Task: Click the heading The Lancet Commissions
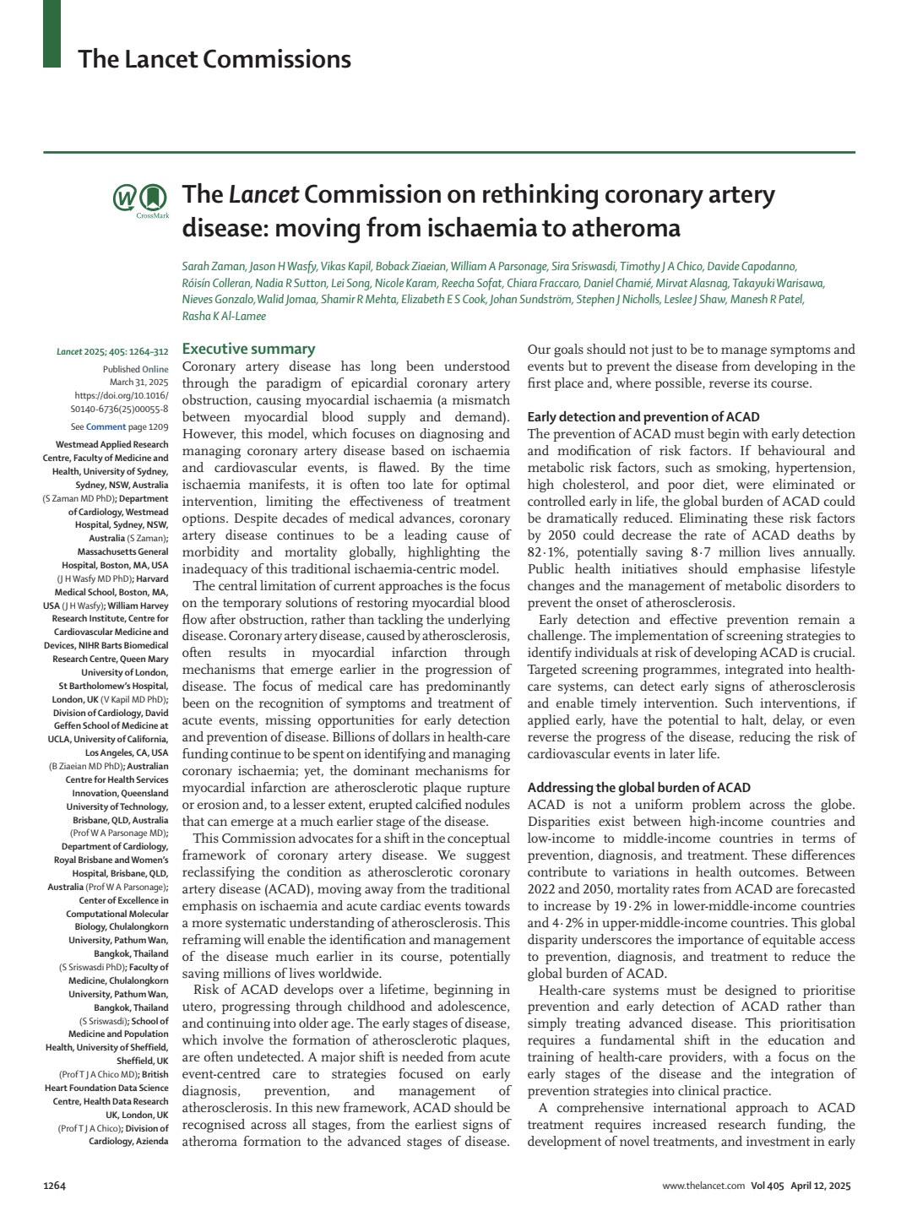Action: [x=214, y=59]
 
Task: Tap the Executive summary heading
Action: [x=248, y=349]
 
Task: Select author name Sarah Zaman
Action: [x=212, y=266]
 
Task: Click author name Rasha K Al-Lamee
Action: [x=224, y=316]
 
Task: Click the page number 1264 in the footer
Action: [x=54, y=1186]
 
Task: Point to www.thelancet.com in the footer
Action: [x=703, y=1186]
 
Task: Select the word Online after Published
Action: [x=155, y=369]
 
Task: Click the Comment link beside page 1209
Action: [x=106, y=426]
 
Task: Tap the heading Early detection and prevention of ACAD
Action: [x=643, y=416]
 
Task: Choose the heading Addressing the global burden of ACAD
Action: [x=638, y=787]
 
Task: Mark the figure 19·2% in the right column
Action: [x=633, y=906]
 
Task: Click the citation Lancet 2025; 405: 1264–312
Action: [x=112, y=351]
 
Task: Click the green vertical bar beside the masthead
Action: [x=52, y=34]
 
